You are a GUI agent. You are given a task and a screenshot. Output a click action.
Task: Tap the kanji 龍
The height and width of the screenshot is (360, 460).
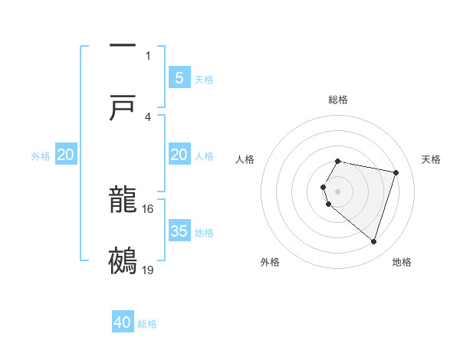[x=123, y=201]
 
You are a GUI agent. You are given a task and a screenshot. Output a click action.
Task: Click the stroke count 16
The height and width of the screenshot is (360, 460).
[x=148, y=208]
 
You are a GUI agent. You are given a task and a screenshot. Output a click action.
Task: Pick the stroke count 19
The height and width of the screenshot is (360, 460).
[x=148, y=270]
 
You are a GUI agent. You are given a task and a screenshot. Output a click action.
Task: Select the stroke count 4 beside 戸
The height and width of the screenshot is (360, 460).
[x=148, y=116]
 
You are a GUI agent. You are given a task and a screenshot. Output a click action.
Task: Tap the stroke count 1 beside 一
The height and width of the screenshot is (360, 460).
[x=148, y=55]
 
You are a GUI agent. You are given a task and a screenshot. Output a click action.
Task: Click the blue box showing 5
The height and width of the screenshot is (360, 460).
[x=179, y=77]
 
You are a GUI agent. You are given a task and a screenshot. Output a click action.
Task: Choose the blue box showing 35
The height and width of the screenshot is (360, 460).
[x=179, y=231]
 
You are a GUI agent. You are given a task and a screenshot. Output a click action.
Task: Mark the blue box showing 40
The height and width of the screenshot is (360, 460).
[x=123, y=322]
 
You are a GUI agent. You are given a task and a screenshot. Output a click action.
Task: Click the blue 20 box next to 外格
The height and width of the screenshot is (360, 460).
[x=66, y=155]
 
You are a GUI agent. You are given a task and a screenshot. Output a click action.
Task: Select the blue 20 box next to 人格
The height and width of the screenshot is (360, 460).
[x=179, y=155]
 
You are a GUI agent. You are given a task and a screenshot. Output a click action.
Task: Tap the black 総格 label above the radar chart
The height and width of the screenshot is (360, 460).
[x=338, y=100]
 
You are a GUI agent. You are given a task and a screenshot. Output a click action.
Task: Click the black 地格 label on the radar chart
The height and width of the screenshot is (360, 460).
[x=402, y=262]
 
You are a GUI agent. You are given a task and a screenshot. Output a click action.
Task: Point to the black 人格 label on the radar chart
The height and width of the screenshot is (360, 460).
[x=245, y=159]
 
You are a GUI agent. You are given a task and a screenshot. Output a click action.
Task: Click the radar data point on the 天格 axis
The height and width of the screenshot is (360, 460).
[x=396, y=172]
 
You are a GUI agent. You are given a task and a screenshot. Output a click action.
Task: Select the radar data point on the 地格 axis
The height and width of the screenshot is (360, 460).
[x=373, y=242]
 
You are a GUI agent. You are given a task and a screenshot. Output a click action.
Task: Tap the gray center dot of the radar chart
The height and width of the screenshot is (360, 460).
[x=338, y=191]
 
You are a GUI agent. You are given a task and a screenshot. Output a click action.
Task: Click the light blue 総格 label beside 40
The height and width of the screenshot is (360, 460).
[x=147, y=324]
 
